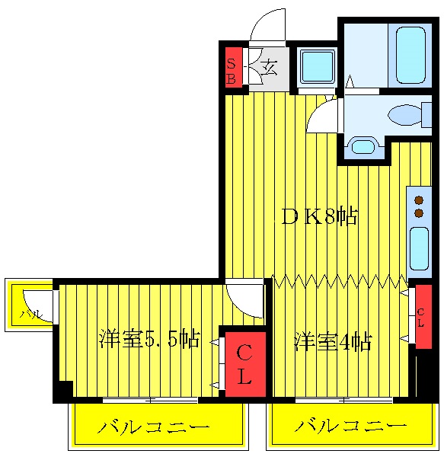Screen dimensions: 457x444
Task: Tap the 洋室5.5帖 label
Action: coord(149,340)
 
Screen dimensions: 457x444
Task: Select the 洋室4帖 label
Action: coord(333,342)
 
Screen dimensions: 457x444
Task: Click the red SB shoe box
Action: coord(232,69)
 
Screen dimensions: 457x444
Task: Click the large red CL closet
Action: coord(244,364)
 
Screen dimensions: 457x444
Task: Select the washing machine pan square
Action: coord(316,67)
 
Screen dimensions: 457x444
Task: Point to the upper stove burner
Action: coord(419,200)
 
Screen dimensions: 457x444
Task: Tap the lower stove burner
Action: coord(419,214)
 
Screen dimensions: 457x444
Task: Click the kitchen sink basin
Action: coord(419,248)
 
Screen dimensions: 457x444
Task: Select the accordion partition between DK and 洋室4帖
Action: coord(340,281)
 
